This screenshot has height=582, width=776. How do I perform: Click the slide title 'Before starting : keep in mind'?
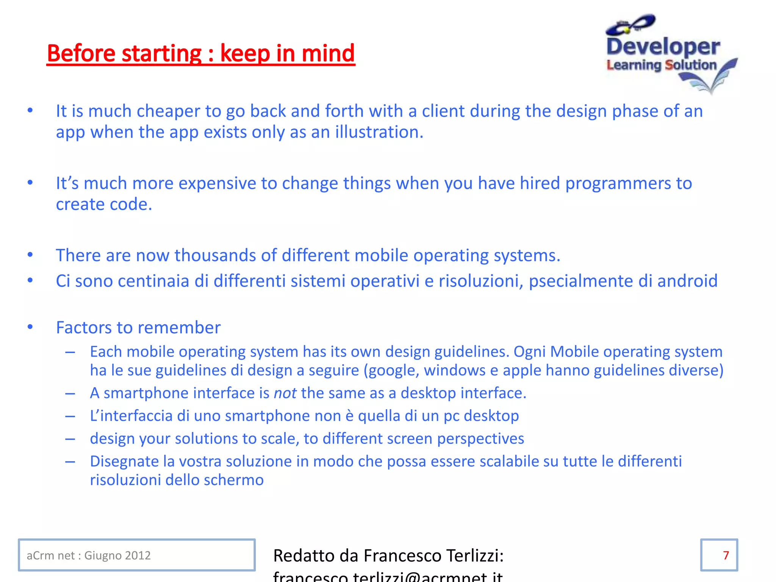201,53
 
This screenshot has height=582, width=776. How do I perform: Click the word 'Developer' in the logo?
663,47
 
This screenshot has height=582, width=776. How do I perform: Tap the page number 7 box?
719,555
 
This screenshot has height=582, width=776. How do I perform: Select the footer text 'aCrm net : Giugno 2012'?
89,555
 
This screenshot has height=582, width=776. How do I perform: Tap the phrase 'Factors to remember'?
138,328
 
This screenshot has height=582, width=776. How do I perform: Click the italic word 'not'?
285,393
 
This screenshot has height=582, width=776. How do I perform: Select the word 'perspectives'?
480,439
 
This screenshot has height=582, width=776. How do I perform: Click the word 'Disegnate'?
124,462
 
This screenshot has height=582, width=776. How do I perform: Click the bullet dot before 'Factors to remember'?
30,327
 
